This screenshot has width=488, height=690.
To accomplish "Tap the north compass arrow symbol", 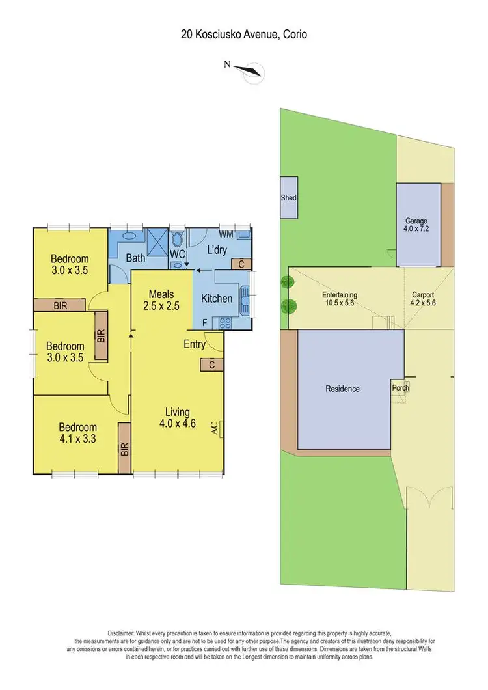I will pos(248,71).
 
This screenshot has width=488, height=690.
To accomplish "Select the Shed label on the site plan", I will pos(288,198).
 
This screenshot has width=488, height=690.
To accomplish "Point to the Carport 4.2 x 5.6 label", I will pos(423,299).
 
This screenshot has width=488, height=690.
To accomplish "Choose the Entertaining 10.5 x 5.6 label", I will pos(340,299).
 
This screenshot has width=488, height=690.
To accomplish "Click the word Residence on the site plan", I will pos(342,389).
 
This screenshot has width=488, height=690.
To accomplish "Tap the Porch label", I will pos(400,388).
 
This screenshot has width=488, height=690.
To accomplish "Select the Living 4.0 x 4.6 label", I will pos(177,417).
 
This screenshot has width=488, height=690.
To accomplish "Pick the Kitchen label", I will pos(217,299).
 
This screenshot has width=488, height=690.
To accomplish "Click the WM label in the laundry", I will pos(226,233).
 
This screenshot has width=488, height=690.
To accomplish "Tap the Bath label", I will pos(135,258).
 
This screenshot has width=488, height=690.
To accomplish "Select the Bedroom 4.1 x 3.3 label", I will pos(77,433).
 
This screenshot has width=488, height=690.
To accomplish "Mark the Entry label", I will pos(195,344).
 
